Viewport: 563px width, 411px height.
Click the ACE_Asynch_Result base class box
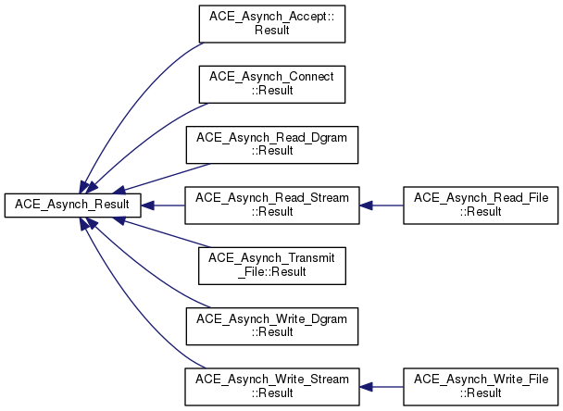(x=72, y=205)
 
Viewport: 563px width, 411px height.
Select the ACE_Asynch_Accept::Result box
(x=272, y=24)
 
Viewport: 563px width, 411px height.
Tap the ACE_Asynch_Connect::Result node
(x=272, y=84)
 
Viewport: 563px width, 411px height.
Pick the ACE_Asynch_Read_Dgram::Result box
(x=272, y=145)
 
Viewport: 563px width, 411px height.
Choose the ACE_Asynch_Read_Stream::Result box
(x=272, y=205)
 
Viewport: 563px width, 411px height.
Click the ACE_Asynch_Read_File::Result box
(x=481, y=205)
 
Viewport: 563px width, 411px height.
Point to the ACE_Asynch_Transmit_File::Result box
(x=272, y=266)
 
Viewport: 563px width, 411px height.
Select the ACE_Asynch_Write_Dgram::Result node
(x=272, y=326)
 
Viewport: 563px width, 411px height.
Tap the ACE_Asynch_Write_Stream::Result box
(x=272, y=387)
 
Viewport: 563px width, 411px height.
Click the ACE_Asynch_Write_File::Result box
(x=481, y=387)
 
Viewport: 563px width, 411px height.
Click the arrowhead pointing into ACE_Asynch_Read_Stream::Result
(x=367, y=205)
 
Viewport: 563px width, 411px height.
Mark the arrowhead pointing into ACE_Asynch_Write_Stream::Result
(x=367, y=387)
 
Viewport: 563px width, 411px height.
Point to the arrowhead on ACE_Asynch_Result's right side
(x=147, y=205)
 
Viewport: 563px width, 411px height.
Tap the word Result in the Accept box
(x=272, y=31)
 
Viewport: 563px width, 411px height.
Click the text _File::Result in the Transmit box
(x=272, y=272)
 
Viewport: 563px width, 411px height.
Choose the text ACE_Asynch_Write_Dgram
(x=272, y=319)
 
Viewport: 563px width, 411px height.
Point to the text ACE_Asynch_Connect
(x=272, y=77)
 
